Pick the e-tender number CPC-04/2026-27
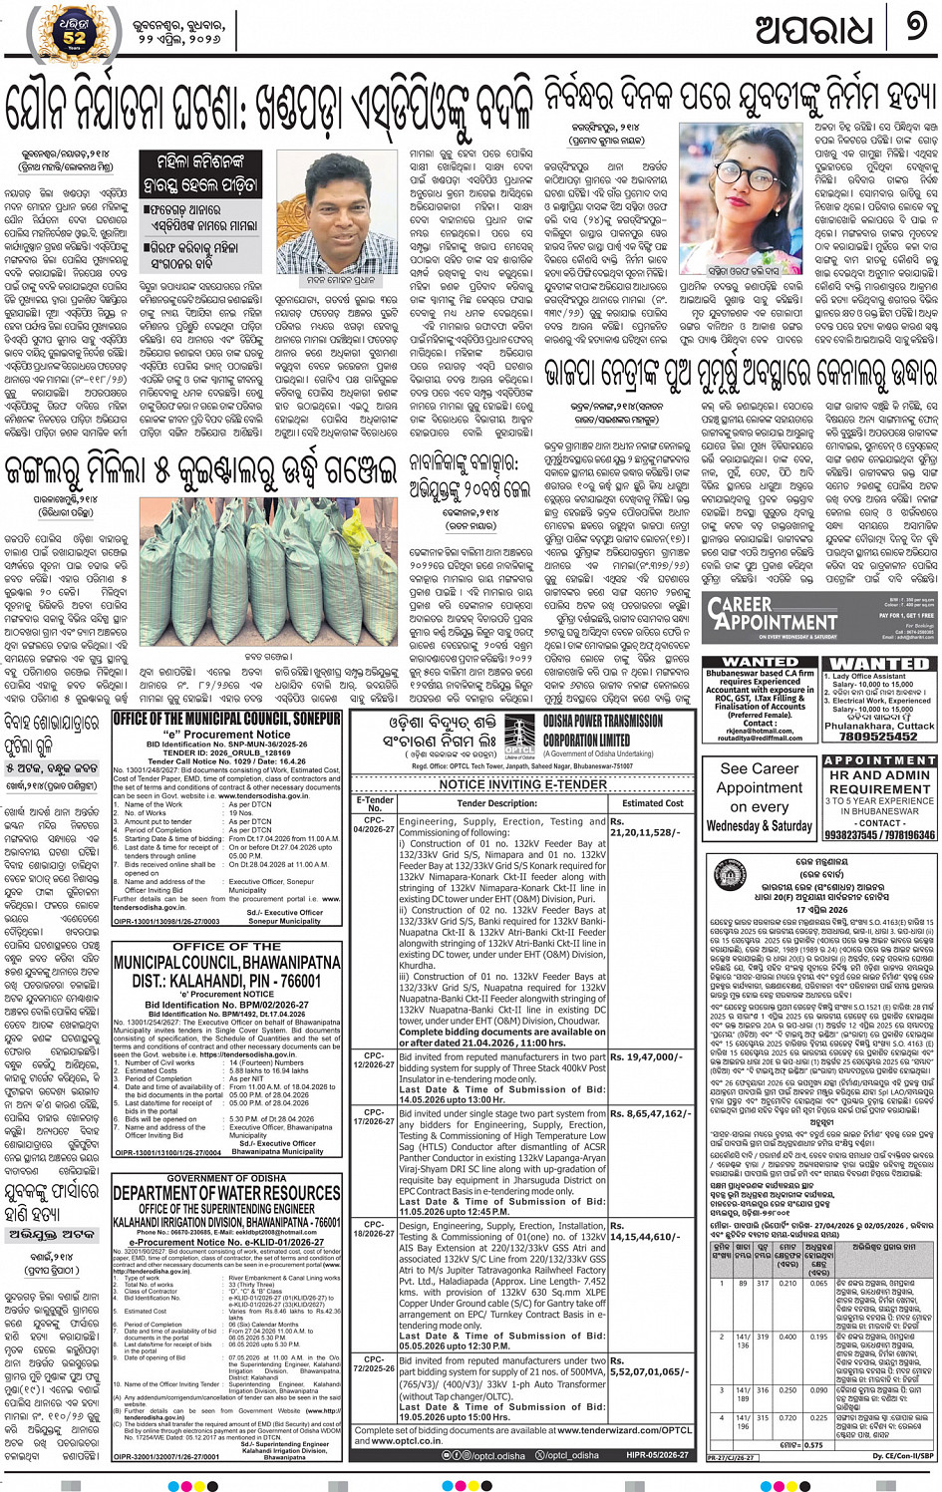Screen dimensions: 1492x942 pos(375,825)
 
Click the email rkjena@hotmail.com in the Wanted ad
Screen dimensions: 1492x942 pos(761,731)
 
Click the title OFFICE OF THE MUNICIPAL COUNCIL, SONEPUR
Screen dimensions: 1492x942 pos(226,720)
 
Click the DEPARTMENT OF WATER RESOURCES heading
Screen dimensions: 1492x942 pos(226,1193)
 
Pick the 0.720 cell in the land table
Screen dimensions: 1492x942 pos(787,1417)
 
